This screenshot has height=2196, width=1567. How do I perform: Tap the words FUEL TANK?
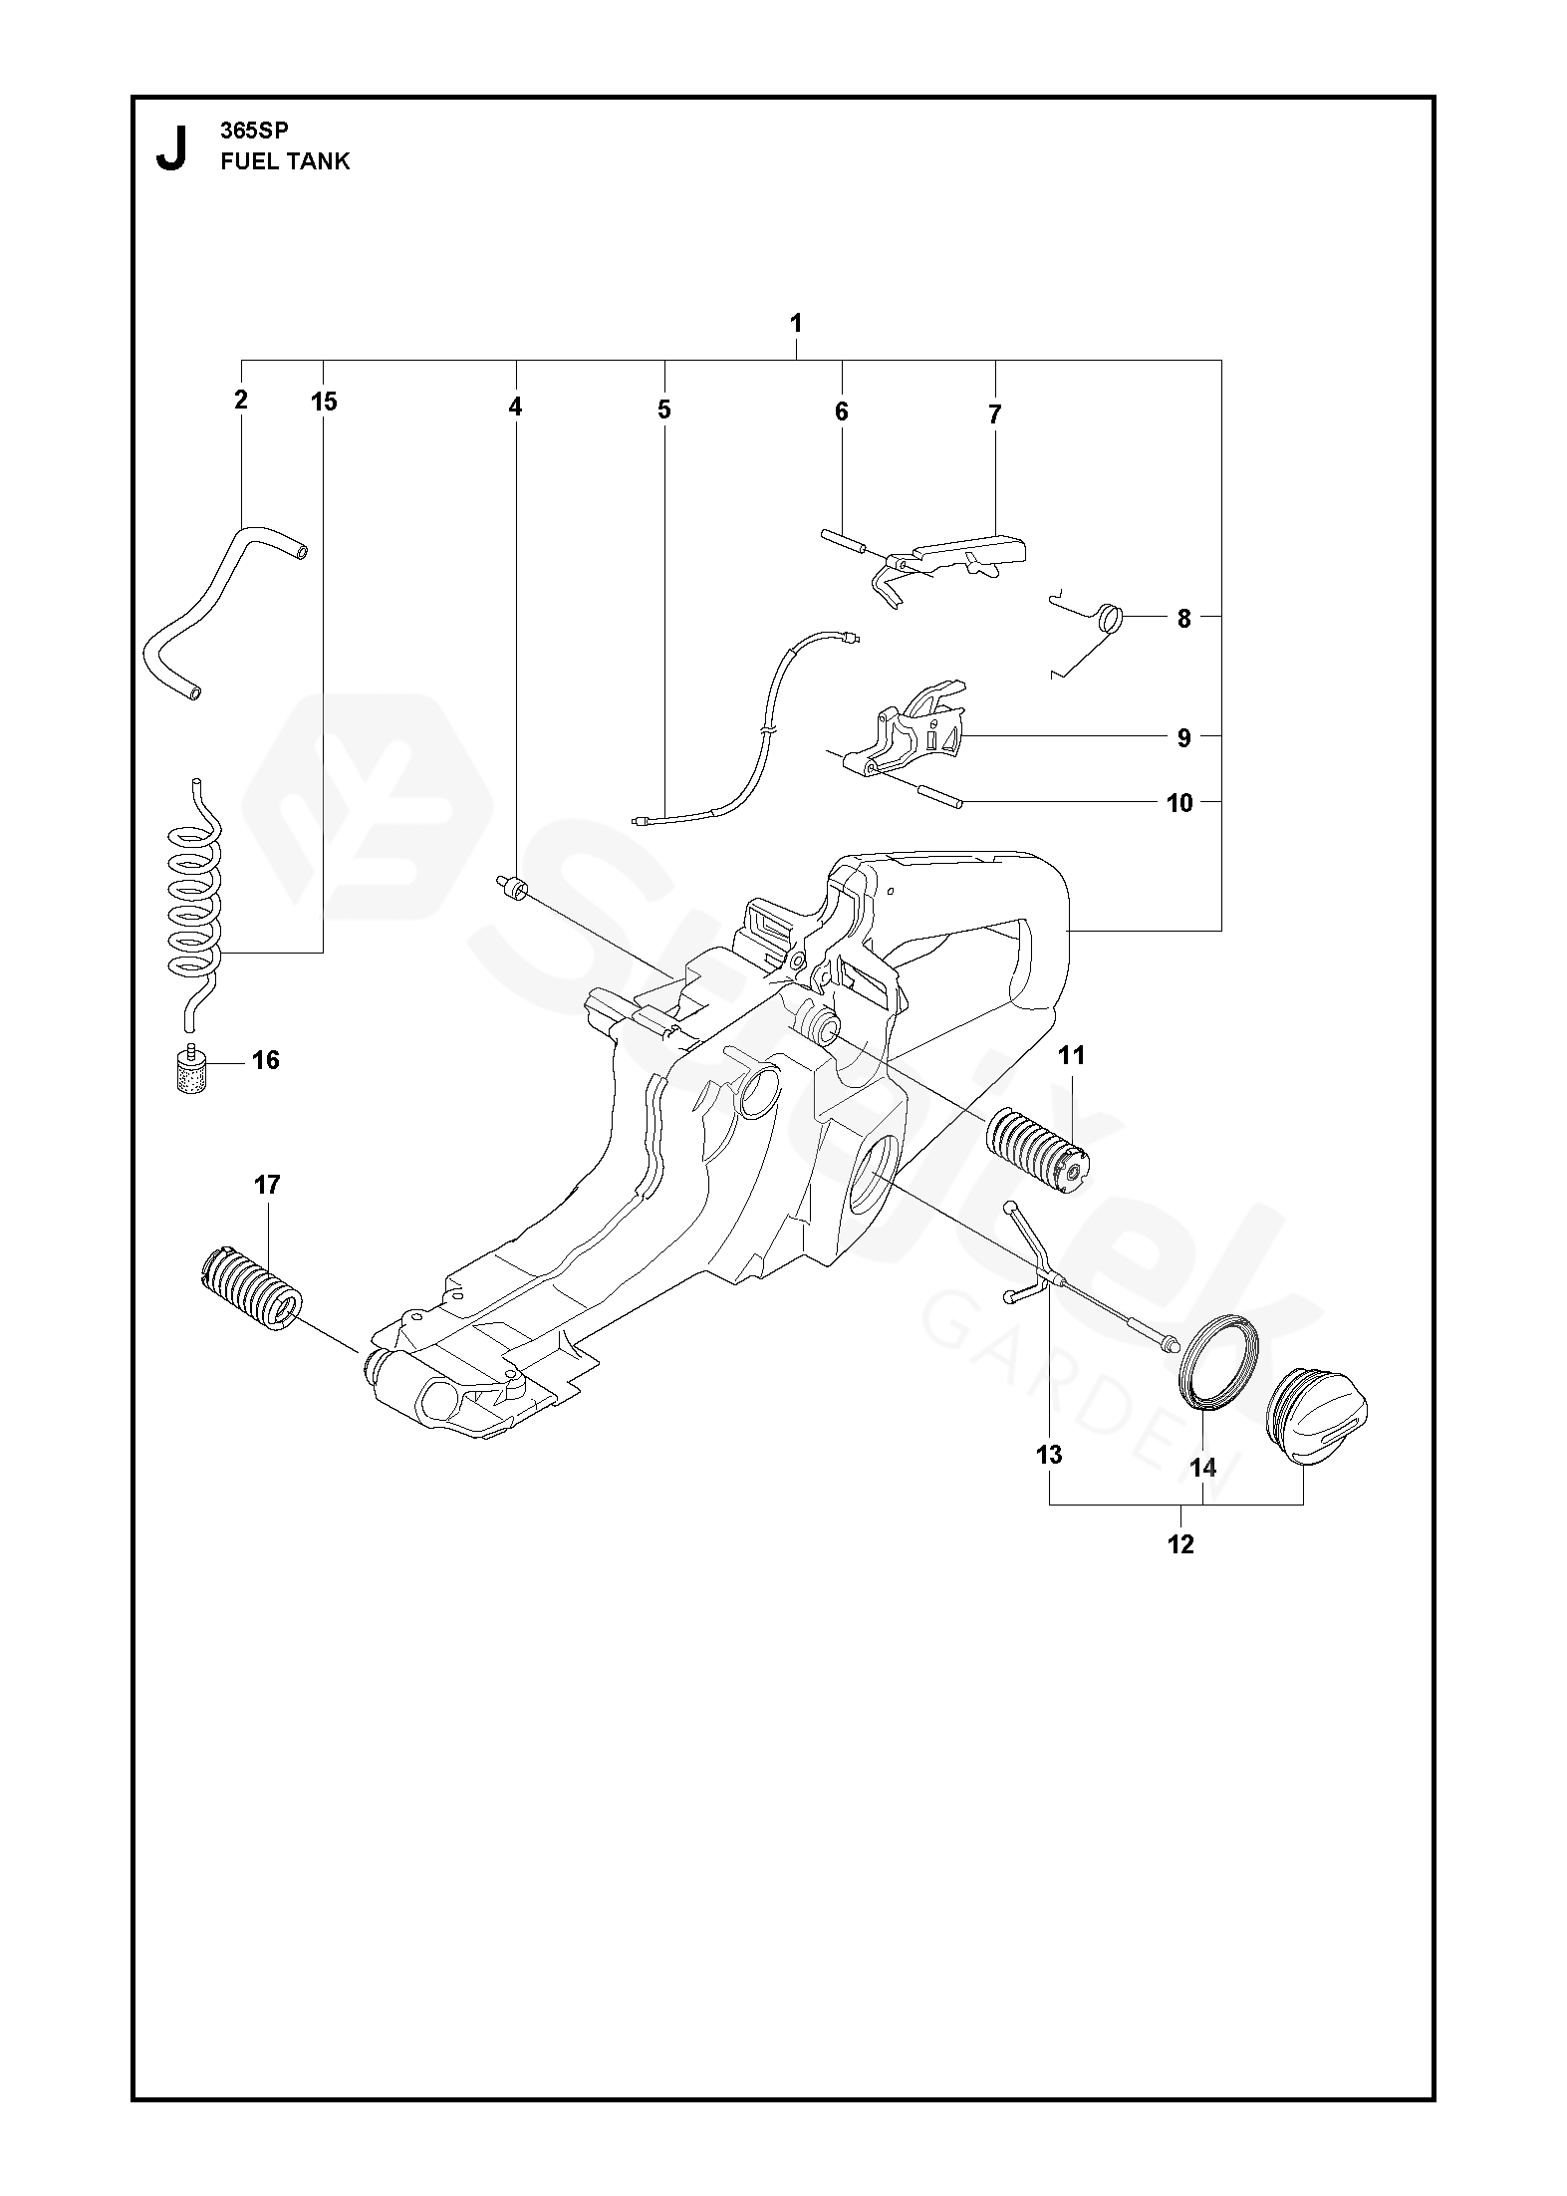pyautogui.click(x=285, y=161)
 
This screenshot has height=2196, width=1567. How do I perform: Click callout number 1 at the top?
pyautogui.click(x=795, y=324)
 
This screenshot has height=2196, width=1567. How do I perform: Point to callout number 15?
pyautogui.click(x=324, y=402)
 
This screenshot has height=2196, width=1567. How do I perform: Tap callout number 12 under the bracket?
pyautogui.click(x=1179, y=1544)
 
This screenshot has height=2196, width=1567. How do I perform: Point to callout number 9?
pyautogui.click(x=1183, y=738)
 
